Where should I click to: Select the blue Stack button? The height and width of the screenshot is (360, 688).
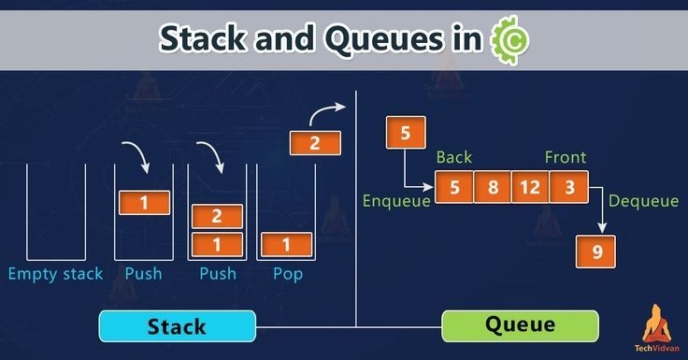click(x=177, y=326)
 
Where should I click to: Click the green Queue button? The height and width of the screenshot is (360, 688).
click(x=521, y=325)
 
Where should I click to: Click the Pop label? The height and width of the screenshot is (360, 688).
click(x=287, y=274)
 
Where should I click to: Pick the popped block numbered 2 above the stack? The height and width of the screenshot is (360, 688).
click(x=315, y=144)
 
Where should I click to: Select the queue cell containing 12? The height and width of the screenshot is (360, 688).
click(x=529, y=187)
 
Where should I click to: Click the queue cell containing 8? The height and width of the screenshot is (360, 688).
click(x=492, y=187)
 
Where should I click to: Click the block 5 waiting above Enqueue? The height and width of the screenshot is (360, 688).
click(x=405, y=133)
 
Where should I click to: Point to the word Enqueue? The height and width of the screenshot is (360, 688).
click(x=395, y=200)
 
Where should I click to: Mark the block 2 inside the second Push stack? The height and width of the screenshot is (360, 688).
click(x=217, y=216)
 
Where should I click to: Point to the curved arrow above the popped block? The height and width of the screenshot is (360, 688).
click(x=326, y=113)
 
